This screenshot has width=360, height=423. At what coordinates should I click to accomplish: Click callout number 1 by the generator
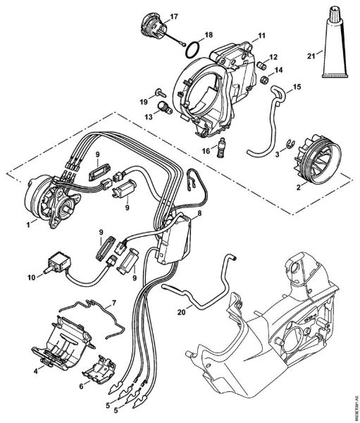click(27, 223)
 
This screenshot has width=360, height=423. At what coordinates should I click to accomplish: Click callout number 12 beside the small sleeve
click(273, 56)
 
